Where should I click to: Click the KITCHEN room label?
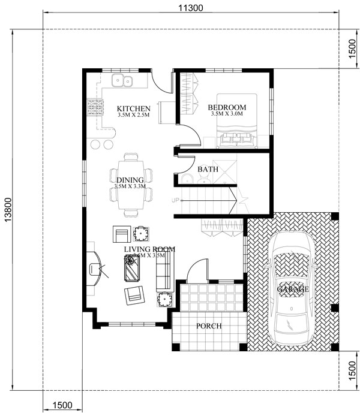[133, 108]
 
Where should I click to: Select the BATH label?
[208, 170]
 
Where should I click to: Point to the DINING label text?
[130, 180]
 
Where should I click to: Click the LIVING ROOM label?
[149, 249]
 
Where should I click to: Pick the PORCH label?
[209, 326]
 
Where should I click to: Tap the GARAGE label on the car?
[293, 289]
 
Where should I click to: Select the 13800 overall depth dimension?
[7, 211]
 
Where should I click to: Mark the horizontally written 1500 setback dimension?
[62, 405]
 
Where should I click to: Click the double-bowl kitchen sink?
[124, 80]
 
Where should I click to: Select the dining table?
[130, 183]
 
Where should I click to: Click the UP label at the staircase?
[176, 200]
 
